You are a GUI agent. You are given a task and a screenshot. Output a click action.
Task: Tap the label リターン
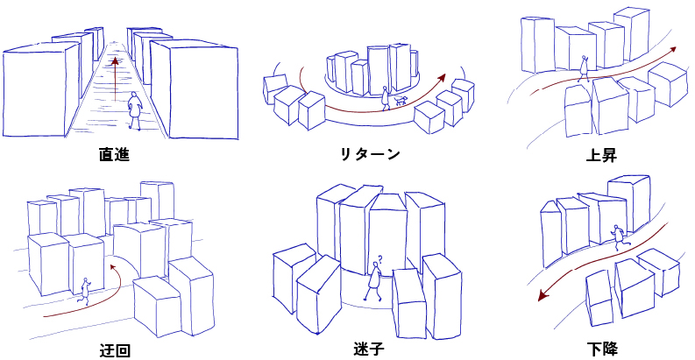point(370,155)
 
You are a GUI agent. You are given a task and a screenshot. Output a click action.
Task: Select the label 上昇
point(601,155)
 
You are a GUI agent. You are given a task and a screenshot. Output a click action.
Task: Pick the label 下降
point(604,349)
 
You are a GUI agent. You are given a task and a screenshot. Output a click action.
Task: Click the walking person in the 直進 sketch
point(134,109)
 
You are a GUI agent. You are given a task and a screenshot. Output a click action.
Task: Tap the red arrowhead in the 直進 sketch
point(115,61)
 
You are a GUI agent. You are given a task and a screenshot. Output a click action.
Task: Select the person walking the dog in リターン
point(386,97)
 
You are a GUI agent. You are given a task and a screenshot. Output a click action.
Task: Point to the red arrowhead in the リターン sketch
point(444,77)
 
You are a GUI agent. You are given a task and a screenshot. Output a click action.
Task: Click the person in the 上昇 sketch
point(584,67)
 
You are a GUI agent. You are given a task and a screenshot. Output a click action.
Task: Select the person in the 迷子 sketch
point(374,282)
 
